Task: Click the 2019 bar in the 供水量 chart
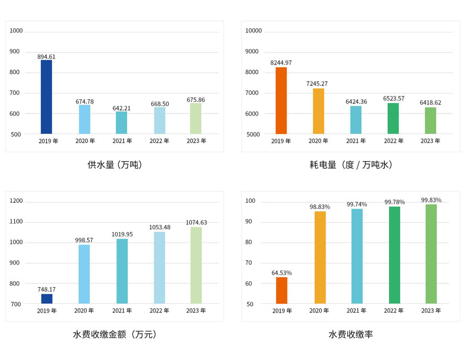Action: tap(46, 97)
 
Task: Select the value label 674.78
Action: tap(84, 101)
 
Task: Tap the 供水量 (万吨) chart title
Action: tap(115, 164)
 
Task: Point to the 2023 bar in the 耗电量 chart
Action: tap(430, 121)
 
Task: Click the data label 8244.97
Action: tap(281, 63)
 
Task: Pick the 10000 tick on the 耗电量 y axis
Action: tap(253, 31)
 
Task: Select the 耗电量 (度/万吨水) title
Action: tap(351, 164)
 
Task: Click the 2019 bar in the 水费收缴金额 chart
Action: tap(47, 299)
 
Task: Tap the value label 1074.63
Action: tap(196, 223)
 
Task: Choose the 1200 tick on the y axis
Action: tap(17, 201)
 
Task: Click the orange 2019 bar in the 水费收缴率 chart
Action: tap(281, 290)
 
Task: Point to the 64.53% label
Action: tap(281, 273)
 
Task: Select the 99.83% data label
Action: tap(431, 200)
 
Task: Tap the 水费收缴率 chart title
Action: tap(351, 334)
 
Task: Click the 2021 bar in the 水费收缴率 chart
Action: tap(357, 256)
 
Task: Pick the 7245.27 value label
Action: tap(317, 84)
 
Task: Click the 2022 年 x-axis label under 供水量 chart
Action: tap(159, 141)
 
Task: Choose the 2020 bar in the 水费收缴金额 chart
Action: tap(84, 274)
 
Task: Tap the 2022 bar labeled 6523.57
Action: tap(393, 119)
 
